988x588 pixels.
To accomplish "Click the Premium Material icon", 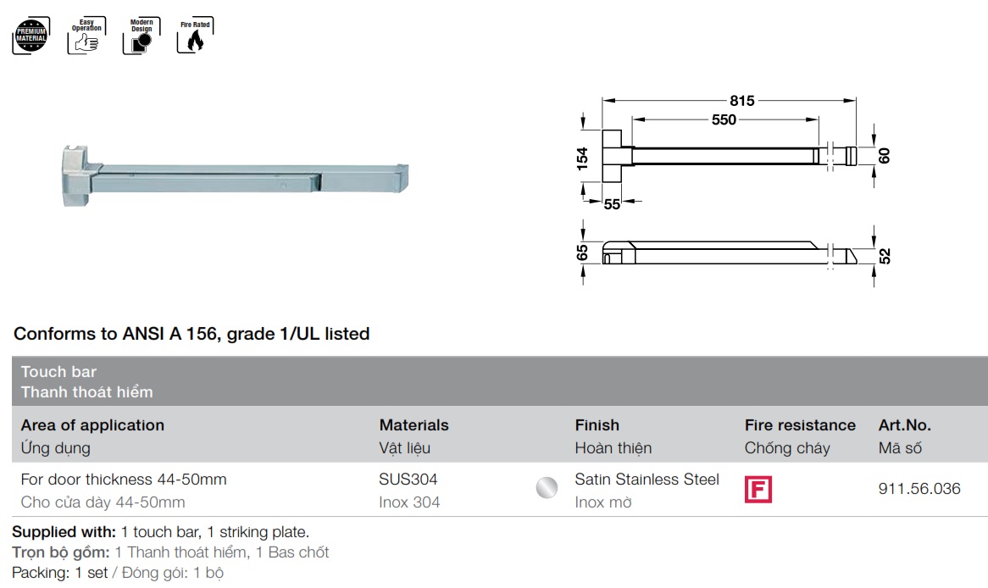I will (31, 36).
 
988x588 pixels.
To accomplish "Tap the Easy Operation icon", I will (85, 36).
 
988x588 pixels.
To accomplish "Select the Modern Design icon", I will (141, 36).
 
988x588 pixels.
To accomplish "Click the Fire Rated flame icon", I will (195, 36).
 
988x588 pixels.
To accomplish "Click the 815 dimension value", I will (741, 101).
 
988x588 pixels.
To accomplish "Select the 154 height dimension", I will (583, 158).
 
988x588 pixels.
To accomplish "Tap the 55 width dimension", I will (612, 203).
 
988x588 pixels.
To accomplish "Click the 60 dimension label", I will (885, 156).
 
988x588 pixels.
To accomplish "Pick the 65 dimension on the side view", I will (582, 253).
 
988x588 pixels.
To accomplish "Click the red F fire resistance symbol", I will (758, 490).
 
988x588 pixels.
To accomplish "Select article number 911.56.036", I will (919, 489).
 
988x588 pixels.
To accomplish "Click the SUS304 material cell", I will (408, 480).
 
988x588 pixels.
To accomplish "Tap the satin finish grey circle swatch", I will (547, 488).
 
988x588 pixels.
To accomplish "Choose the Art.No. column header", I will (904, 425).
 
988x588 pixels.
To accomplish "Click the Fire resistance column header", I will (800, 425).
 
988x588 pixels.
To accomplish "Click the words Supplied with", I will (64, 533).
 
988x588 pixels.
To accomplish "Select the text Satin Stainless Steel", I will (647, 480).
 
